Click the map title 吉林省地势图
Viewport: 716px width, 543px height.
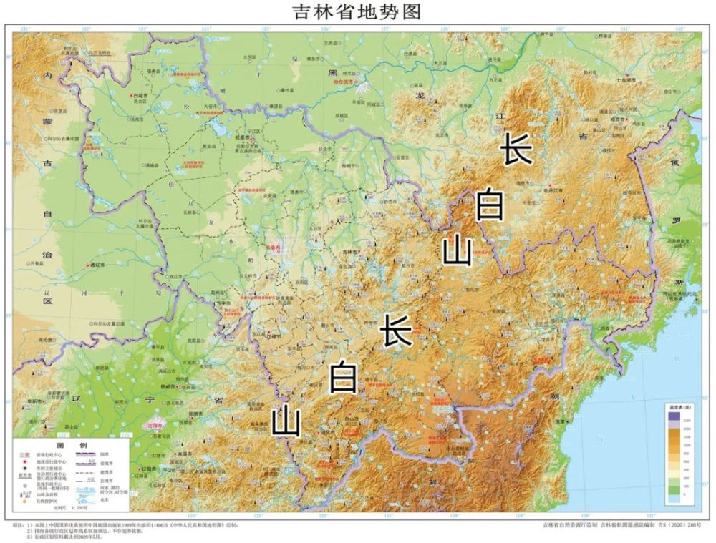(x=357, y=11)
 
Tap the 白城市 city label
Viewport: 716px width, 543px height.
(x=140, y=94)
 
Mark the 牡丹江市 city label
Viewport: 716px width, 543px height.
(x=553, y=190)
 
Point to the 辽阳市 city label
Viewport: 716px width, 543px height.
(x=150, y=469)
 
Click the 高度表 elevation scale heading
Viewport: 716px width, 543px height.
(x=678, y=406)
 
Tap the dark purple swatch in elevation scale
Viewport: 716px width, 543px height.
(x=674, y=416)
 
